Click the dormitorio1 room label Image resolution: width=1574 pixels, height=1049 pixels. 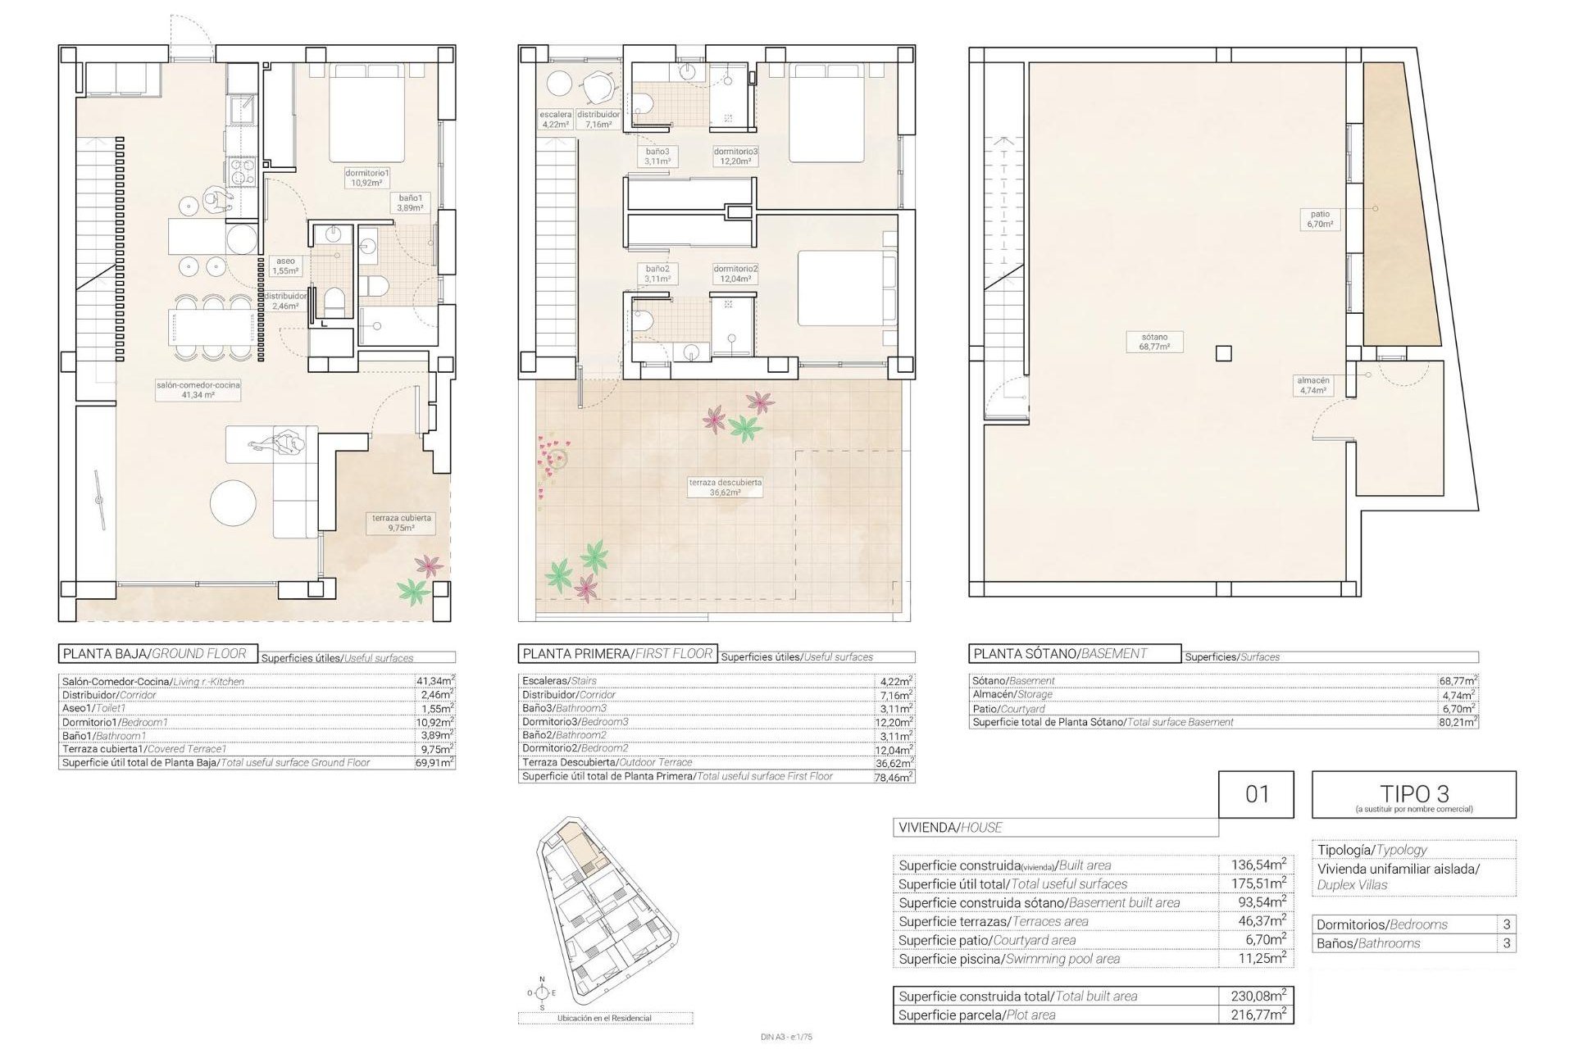point(366,178)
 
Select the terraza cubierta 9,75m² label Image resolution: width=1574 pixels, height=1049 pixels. point(402,523)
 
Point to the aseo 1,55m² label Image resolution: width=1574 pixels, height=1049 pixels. point(285,266)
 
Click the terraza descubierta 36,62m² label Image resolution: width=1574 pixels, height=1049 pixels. point(725,488)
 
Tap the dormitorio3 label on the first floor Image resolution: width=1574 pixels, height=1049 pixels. point(735,157)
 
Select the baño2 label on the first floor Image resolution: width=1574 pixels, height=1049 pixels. point(657,273)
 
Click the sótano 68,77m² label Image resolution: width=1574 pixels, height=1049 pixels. point(1153,342)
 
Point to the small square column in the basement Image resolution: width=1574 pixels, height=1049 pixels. point(1223,354)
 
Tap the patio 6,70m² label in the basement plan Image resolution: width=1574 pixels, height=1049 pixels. point(1320,219)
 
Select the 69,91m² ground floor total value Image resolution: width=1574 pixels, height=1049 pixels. point(435,763)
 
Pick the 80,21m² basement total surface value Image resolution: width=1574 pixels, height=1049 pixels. point(1458,723)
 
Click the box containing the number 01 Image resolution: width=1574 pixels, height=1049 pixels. point(1256,793)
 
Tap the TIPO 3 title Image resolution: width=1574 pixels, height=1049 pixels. point(1413,793)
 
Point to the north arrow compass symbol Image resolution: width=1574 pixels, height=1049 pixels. point(541,992)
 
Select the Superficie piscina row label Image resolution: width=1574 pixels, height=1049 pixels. point(1008,959)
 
